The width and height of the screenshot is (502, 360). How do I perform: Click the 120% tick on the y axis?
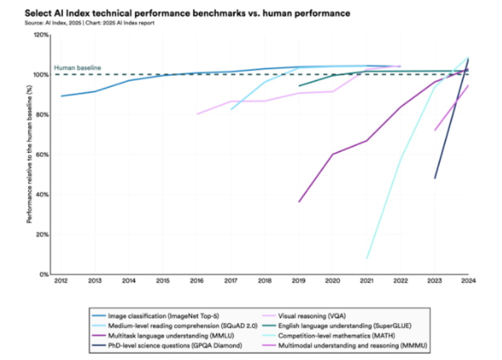(x=41, y=35)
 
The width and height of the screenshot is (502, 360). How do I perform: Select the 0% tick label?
(x=44, y=274)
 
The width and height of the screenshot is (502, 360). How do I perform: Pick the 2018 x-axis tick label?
(x=265, y=281)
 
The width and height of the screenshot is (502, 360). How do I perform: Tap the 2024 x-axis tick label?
(x=467, y=281)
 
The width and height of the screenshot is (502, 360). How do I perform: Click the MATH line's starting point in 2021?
(x=367, y=258)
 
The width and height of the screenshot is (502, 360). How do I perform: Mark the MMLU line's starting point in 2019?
(x=299, y=202)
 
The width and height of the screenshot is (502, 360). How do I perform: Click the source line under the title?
(x=89, y=23)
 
